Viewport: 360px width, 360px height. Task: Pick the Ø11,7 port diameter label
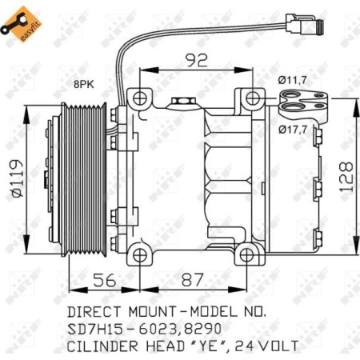coord(293,81)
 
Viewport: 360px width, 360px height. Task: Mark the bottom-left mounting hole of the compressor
coord(140,255)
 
